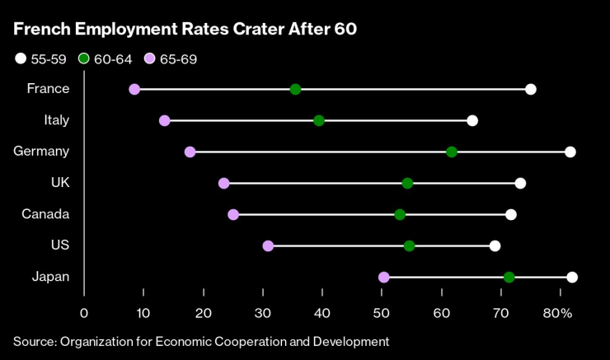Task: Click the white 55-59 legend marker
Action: (19, 58)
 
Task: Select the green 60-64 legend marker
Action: (84, 58)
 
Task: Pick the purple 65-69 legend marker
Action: (148, 58)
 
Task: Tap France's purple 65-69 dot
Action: (134, 89)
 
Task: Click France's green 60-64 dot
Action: (296, 89)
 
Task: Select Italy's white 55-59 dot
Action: (472, 120)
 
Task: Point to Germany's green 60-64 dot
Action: (452, 152)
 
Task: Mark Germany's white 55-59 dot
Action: (570, 152)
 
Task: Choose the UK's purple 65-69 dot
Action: (223, 183)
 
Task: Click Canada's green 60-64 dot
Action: (400, 214)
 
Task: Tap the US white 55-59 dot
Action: (495, 245)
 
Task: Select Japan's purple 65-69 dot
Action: (383, 277)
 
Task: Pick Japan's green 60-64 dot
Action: (509, 277)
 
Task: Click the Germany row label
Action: (41, 152)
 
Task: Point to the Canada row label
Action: (45, 214)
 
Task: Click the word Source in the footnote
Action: (33, 340)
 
